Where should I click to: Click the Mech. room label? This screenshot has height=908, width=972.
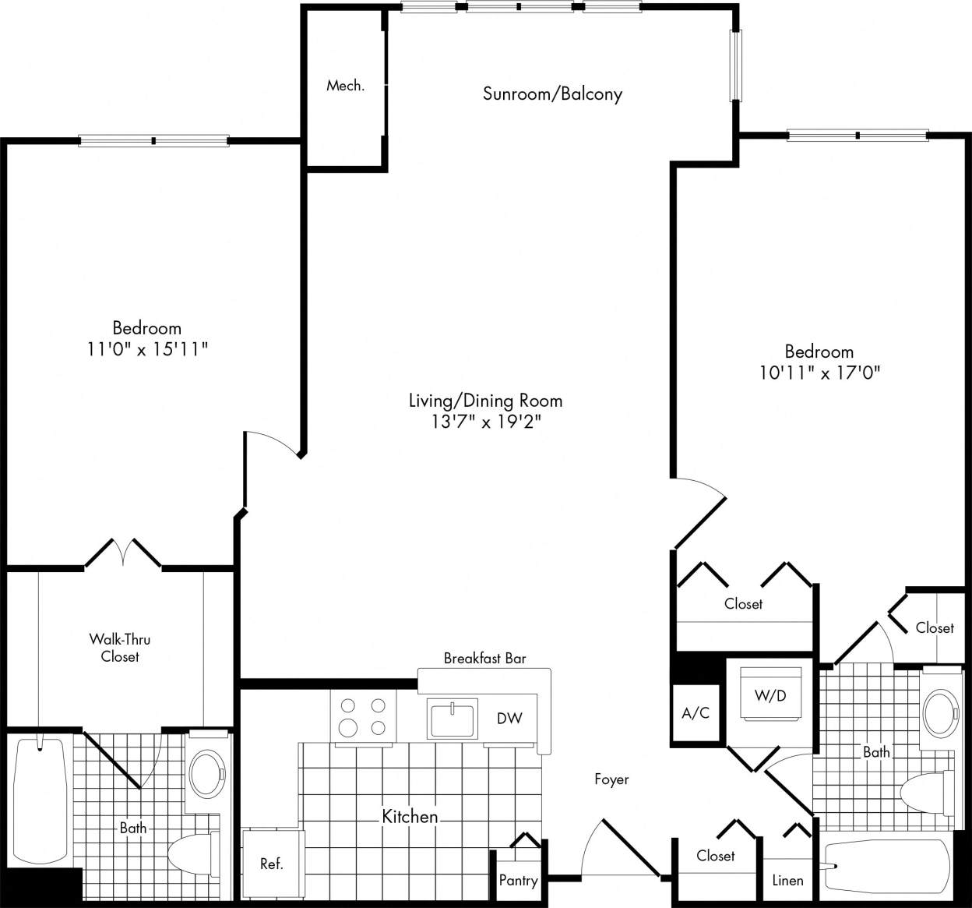pos(345,86)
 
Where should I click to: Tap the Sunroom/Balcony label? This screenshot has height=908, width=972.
pos(552,94)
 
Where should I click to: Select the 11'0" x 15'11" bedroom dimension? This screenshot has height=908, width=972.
pos(147,350)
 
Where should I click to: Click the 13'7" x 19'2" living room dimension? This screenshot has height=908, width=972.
pos(486,422)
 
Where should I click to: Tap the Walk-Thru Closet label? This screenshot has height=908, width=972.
pos(120,648)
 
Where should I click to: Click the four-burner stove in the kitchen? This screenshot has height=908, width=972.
pos(363,716)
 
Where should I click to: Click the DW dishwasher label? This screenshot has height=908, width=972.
pos(509,718)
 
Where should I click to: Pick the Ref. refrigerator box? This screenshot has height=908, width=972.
pos(272,863)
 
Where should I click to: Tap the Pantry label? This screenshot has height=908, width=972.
pos(518,881)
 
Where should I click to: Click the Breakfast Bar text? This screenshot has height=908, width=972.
pos(484,659)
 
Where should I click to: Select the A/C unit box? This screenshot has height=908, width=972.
pos(696,713)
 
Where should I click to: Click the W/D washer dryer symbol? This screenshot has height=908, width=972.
pos(770,694)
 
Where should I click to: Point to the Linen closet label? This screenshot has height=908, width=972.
pos(787,880)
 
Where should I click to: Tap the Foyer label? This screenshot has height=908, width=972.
pos(611,779)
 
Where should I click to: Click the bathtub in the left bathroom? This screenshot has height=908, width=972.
pos(40,798)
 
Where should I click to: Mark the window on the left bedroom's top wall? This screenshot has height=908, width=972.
pos(154,141)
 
